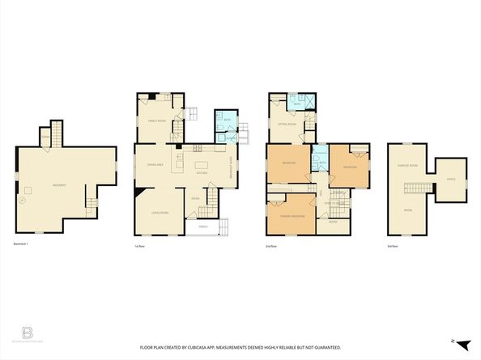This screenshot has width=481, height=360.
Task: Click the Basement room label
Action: [59, 186]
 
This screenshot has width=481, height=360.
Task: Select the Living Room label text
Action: [159, 213]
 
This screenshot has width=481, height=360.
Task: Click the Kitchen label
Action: [202, 173]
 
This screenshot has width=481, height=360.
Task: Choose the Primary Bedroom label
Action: [292, 216]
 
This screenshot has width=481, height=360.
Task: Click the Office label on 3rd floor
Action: [451, 180]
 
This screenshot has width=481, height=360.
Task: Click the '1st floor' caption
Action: [139, 245]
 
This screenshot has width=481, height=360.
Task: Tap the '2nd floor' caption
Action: [270, 245]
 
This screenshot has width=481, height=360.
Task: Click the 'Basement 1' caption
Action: [22, 245]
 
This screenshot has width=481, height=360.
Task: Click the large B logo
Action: [27, 332]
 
